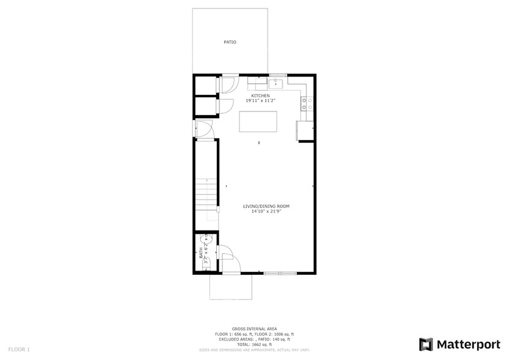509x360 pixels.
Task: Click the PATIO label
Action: point(230,42)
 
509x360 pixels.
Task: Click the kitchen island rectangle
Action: point(258,121)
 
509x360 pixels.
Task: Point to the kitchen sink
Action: point(276,81)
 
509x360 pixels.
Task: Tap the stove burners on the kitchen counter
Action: point(306,103)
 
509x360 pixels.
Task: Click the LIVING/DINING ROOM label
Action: point(265,206)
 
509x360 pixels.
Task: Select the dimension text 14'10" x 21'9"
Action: point(265,211)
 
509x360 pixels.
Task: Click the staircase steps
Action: point(206,196)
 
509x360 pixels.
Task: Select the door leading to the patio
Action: point(230,84)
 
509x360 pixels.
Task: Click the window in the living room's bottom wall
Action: point(280,273)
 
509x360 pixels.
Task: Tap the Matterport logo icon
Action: point(426,344)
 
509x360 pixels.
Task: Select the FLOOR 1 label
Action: point(19,349)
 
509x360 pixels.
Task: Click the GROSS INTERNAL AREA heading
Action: point(254,329)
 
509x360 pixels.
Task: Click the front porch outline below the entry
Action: point(231,287)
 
